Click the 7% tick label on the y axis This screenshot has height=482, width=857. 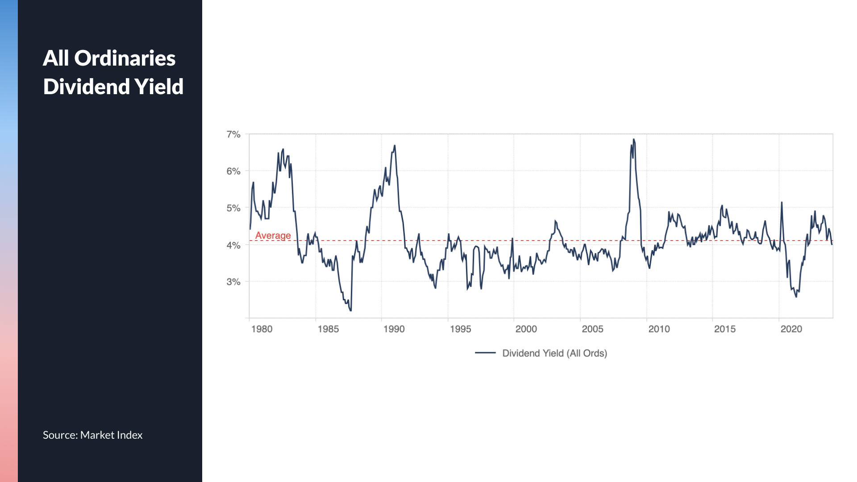pyautogui.click(x=233, y=134)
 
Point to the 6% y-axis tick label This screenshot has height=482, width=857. pyautogui.click(x=233, y=171)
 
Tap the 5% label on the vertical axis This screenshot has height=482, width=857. pyautogui.click(x=233, y=208)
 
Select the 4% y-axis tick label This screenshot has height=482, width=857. pyautogui.click(x=233, y=245)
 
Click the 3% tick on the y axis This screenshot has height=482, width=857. pyautogui.click(x=233, y=282)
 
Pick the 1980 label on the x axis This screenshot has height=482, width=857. pyautogui.click(x=262, y=329)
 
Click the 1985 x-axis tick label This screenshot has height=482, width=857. pyautogui.click(x=328, y=329)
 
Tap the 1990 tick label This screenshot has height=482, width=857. pyautogui.click(x=394, y=329)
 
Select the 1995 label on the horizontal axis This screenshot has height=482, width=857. pyautogui.click(x=460, y=329)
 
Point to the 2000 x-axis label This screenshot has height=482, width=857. pyautogui.click(x=526, y=329)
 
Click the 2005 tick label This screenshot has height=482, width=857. pyautogui.click(x=592, y=329)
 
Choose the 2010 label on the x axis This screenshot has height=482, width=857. pyautogui.click(x=659, y=329)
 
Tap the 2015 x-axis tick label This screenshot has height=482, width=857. pyautogui.click(x=724, y=329)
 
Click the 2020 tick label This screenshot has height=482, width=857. pyautogui.click(x=791, y=329)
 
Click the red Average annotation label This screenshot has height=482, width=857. pyautogui.click(x=273, y=235)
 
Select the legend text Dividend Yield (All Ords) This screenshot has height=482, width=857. pyautogui.click(x=554, y=353)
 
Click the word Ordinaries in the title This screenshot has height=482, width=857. pyautogui.click(x=125, y=58)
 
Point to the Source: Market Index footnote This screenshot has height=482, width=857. pyautogui.click(x=92, y=435)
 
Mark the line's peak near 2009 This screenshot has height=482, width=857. pyautogui.click(x=633, y=139)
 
